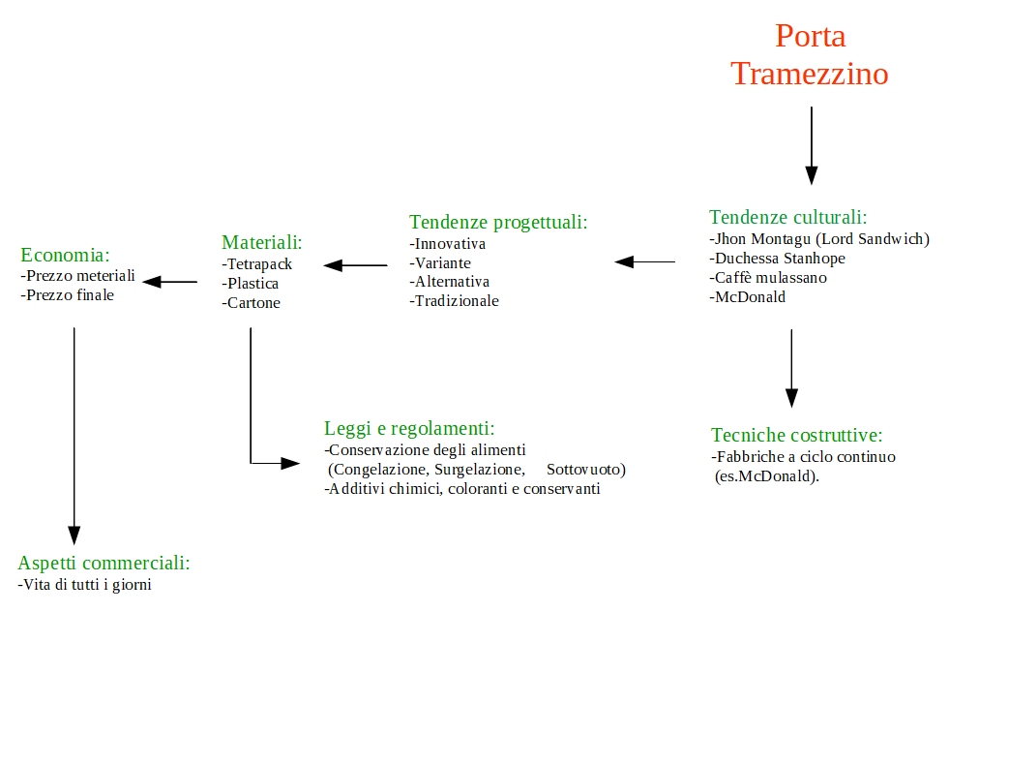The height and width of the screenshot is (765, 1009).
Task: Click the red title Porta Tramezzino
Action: (x=810, y=55)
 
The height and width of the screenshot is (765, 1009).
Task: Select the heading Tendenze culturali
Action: (x=787, y=217)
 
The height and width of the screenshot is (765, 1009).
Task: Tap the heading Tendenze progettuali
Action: (x=498, y=222)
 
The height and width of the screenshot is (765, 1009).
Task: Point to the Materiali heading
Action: (x=262, y=242)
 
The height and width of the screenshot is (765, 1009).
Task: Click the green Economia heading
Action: (x=65, y=255)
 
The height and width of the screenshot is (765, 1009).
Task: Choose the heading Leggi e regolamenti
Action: (x=409, y=428)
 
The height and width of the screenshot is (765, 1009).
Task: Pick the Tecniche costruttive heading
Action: (x=796, y=436)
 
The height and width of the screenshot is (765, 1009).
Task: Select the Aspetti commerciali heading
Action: (x=104, y=563)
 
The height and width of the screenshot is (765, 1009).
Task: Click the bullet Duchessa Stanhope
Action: (x=778, y=259)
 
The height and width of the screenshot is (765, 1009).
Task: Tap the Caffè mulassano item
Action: (x=768, y=278)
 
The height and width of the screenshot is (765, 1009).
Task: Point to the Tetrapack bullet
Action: (x=256, y=264)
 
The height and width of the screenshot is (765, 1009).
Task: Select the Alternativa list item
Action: (x=449, y=282)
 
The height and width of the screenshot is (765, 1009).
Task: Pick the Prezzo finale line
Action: (x=68, y=295)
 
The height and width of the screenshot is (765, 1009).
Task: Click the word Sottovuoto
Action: (x=586, y=470)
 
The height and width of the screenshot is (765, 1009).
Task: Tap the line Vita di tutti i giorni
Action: (x=85, y=585)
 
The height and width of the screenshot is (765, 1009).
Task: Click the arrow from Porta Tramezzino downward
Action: (x=812, y=145)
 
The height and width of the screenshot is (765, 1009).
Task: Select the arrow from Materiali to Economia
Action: (x=170, y=282)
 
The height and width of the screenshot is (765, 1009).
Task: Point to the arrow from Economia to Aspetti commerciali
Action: (x=74, y=436)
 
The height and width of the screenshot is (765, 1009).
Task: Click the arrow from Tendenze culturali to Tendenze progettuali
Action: (x=645, y=261)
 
